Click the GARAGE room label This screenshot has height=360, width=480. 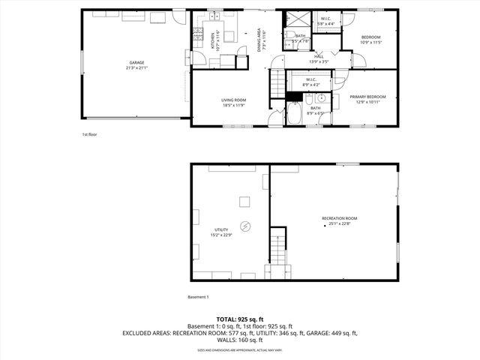point(136,62)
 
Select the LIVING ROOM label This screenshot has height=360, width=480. point(233,100)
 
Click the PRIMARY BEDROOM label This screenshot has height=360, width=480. point(370,96)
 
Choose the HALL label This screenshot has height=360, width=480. point(319,56)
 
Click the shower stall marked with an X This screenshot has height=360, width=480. point(295,21)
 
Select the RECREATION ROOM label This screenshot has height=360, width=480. point(340,218)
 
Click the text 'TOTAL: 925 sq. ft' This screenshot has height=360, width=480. point(239,319)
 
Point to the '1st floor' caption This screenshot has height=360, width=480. point(90,134)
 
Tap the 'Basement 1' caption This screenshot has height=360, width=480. point(198,296)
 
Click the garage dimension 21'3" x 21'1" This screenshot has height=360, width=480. point(136,67)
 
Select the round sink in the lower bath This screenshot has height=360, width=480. point(320,98)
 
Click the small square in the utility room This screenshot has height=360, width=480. point(244,201)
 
